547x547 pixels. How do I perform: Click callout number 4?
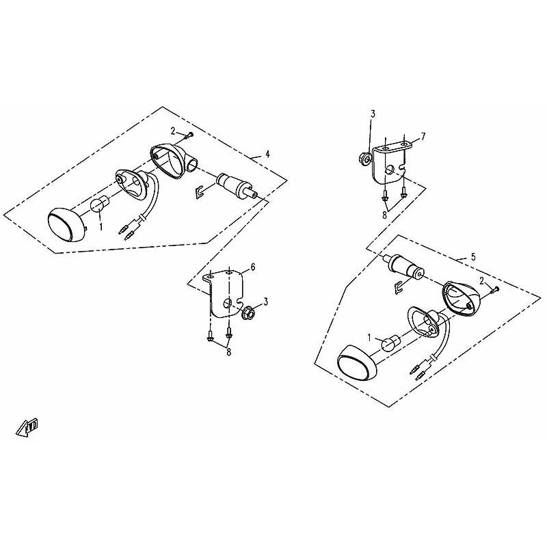[267, 154]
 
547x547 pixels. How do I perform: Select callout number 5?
[473, 257]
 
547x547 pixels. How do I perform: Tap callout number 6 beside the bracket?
[253, 267]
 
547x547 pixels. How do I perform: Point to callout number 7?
[423, 136]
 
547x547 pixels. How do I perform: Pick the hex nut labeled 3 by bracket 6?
[248, 311]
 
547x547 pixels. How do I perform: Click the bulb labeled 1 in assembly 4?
[98, 204]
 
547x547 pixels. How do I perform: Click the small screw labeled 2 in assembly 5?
[495, 289]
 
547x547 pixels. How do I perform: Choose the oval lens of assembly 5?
[357, 364]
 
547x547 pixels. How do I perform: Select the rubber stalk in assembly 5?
[405, 267]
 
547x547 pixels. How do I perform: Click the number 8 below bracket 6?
[228, 352]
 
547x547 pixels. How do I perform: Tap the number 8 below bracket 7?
[384, 215]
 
